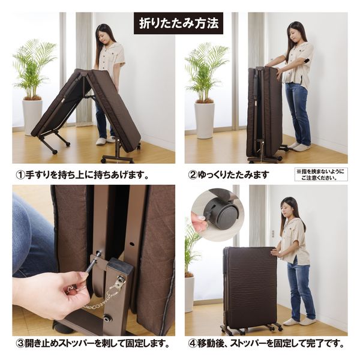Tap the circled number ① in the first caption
(x=20, y=175)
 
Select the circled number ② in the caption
(x=193, y=175)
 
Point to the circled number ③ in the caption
(x=20, y=344)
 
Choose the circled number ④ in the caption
(x=193, y=344)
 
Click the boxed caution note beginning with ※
(x=320, y=175)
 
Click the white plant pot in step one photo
(x=32, y=116)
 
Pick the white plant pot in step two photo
(x=204, y=120)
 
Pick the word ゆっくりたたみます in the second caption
(x=234, y=175)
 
